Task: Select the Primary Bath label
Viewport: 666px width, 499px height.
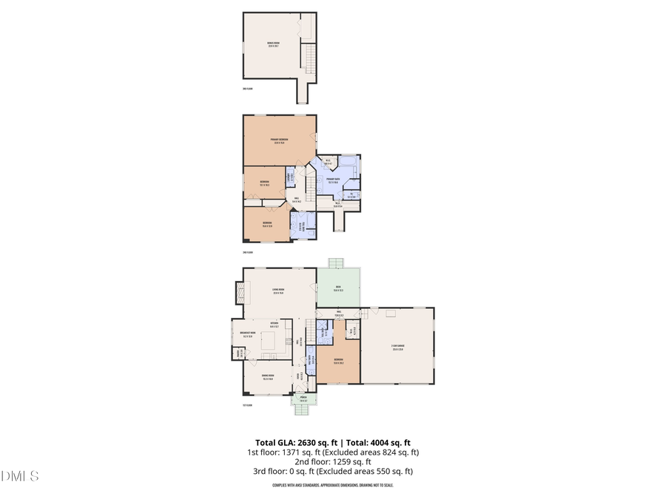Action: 333,180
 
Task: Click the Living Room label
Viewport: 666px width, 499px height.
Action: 279,291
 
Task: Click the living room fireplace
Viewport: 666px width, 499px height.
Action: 238,292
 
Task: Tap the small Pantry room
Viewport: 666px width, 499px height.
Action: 238,353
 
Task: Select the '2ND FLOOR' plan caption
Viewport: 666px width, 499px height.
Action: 249,252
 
